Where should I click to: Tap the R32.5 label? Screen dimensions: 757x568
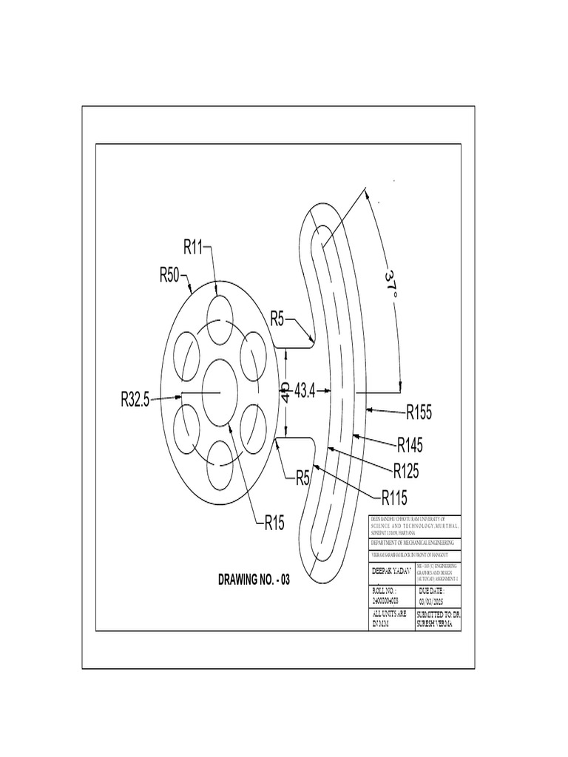(135, 400)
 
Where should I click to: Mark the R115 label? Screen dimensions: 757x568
(396, 496)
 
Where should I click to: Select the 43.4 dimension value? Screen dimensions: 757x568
(305, 390)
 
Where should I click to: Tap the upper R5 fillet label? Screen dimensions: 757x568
(277, 319)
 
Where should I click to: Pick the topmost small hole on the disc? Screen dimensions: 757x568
(221, 319)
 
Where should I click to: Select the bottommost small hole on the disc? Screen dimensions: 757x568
(221, 464)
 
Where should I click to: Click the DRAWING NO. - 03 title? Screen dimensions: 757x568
(254, 580)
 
